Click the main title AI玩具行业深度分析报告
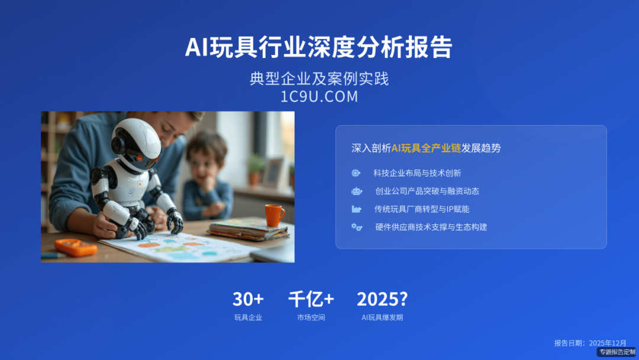click(x=319, y=47)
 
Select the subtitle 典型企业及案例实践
click(x=319, y=79)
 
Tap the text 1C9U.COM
click(x=319, y=97)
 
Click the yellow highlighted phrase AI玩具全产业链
click(x=425, y=148)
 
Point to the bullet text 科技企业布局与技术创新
click(x=417, y=173)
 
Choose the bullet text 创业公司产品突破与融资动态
click(x=427, y=191)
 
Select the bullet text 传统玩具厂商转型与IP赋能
click(x=422, y=209)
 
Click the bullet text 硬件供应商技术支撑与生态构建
click(x=431, y=227)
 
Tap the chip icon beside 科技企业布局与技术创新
click(x=356, y=173)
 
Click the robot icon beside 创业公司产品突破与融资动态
click(x=356, y=191)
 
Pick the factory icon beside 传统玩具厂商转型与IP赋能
click(x=356, y=209)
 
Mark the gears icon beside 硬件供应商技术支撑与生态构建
click(x=356, y=227)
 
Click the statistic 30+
click(x=248, y=299)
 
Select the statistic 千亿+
click(x=311, y=299)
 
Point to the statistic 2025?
click(x=382, y=299)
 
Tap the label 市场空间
click(x=311, y=317)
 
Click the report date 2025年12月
click(x=608, y=343)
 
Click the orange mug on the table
click(x=274, y=215)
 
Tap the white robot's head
click(x=137, y=143)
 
